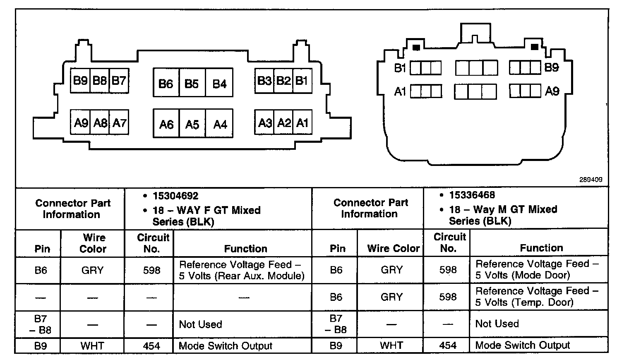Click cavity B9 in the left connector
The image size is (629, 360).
[80, 80]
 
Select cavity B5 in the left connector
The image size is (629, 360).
[192, 84]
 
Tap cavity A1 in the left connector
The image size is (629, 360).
[302, 122]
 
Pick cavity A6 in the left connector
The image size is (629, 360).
[166, 124]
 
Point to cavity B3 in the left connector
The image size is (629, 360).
[264, 80]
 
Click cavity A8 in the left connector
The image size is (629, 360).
[100, 122]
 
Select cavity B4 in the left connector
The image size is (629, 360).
[219, 84]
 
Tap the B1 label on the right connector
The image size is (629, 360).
[400, 68]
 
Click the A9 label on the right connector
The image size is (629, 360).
[552, 91]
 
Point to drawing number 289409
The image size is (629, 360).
[591, 180]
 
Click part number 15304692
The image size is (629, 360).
[175, 196]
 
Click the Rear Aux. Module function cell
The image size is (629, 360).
[242, 270]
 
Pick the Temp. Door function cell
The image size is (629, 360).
[538, 297]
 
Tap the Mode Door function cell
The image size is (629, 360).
[538, 269]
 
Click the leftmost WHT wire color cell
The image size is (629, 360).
[92, 346]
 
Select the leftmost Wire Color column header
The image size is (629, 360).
[93, 243]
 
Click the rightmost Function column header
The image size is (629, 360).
[541, 248]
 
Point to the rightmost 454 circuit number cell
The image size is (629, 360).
[448, 345]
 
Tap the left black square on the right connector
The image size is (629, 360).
[416, 48]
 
